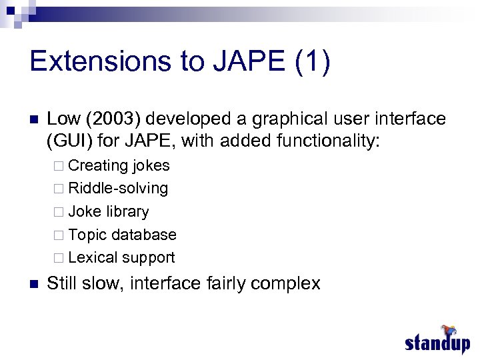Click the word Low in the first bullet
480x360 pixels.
(63, 119)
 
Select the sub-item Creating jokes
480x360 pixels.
(119, 165)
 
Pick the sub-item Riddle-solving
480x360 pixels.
(118, 189)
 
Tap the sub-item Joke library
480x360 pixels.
(109, 212)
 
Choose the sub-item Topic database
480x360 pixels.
(122, 235)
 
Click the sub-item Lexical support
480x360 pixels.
(121, 257)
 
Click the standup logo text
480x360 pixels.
(437, 343)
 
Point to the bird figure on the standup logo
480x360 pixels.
(447, 329)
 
